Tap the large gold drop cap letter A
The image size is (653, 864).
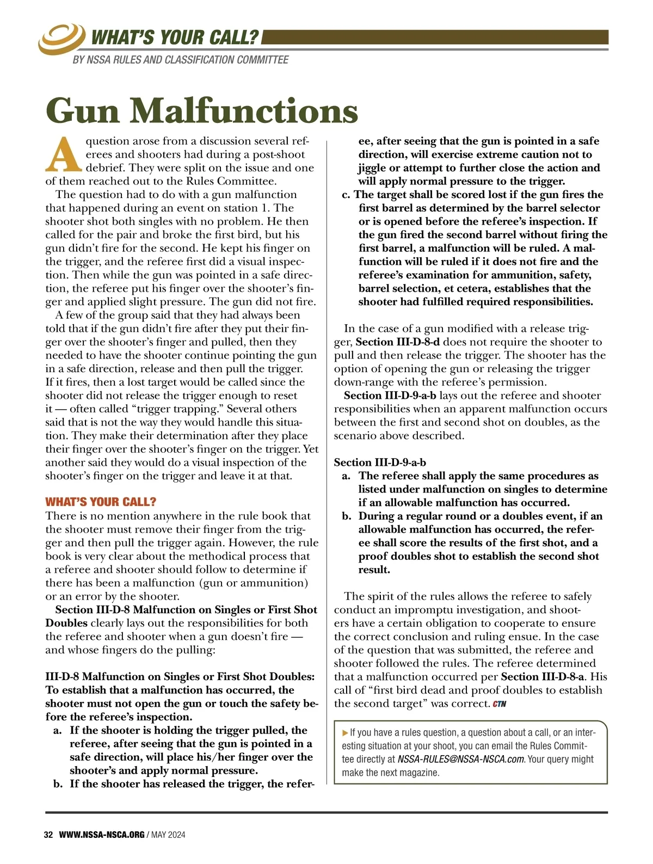64,153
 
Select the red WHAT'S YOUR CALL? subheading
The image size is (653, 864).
101,502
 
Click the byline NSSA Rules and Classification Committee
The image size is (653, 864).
181,60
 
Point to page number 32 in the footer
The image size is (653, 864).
48,835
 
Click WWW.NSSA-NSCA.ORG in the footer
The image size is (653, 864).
102,835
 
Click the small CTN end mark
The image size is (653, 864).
500,704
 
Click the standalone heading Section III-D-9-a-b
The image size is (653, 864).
380,462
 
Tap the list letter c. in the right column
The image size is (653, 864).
347,195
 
